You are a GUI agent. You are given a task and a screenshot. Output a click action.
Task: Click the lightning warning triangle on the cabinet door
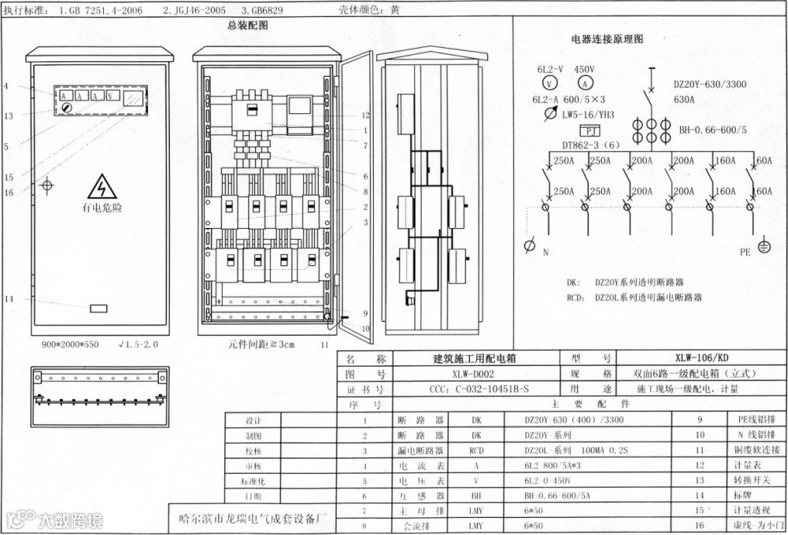(102, 187)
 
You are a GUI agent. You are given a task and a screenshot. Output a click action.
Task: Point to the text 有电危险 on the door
(102, 208)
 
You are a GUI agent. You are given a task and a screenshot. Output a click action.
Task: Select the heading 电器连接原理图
(607, 38)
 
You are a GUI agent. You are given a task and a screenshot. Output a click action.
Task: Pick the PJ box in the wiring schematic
(590, 130)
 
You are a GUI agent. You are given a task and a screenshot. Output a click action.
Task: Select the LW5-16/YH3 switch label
(588, 114)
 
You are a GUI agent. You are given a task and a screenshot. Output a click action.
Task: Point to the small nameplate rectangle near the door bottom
(98, 309)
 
